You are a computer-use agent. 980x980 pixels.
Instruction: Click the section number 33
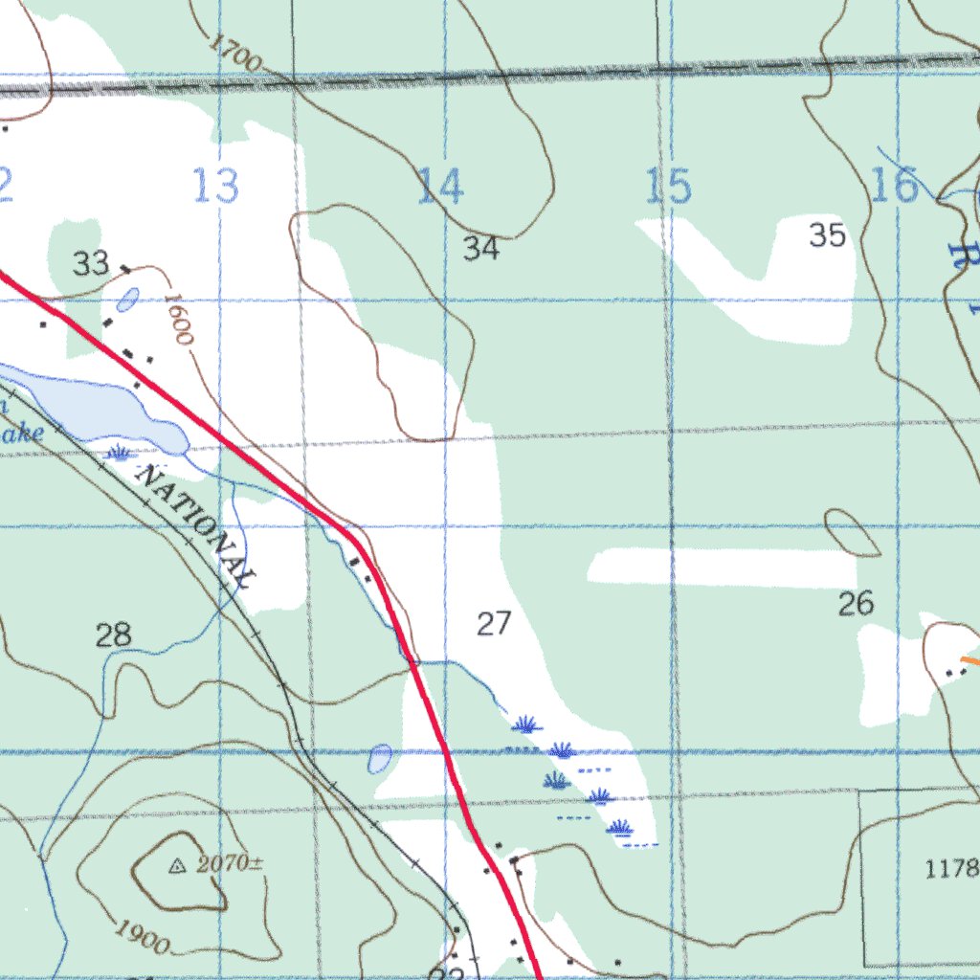pyautogui.click(x=92, y=263)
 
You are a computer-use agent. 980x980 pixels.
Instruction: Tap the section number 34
pyautogui.click(x=481, y=249)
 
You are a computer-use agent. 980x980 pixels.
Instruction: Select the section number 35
pyautogui.click(x=828, y=235)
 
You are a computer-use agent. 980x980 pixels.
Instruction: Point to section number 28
pyautogui.click(x=114, y=635)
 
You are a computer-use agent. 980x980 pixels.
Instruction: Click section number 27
pyautogui.click(x=494, y=625)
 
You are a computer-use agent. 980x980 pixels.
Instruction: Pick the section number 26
pyautogui.click(x=856, y=604)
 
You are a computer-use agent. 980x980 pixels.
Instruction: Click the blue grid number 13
pyautogui.click(x=215, y=186)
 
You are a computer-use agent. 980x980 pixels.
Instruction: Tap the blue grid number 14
pyautogui.click(x=440, y=186)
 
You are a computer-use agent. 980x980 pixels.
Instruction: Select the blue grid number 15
pyautogui.click(x=668, y=186)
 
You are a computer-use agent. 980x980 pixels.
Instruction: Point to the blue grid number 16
pyautogui.click(x=895, y=185)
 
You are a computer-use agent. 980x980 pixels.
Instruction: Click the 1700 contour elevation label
pyautogui.click(x=234, y=54)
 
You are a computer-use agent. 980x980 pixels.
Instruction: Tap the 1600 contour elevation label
pyautogui.click(x=178, y=320)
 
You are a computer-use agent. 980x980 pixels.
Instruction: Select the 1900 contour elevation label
pyautogui.click(x=141, y=936)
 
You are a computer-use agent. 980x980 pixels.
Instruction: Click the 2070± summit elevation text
pyautogui.click(x=230, y=864)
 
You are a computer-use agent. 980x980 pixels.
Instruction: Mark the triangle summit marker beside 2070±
pyautogui.click(x=175, y=867)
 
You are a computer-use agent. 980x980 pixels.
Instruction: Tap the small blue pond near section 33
pyautogui.click(x=126, y=301)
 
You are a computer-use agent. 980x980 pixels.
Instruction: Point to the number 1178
pyautogui.click(x=952, y=869)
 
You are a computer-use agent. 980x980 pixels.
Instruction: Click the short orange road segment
pyautogui.click(x=969, y=659)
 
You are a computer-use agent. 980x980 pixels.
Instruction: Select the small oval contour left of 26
pyautogui.click(x=852, y=532)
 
